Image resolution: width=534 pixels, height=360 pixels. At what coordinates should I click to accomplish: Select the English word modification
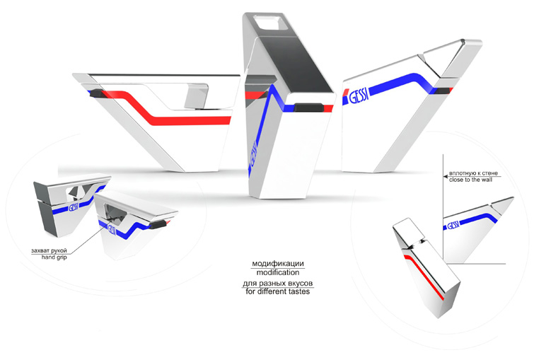[277, 272]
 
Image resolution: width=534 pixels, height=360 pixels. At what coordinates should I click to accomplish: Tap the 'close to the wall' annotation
[470, 180]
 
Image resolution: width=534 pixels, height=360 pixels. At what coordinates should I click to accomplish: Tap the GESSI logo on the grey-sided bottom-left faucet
[71, 209]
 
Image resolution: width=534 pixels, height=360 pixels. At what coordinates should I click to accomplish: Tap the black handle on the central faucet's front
[307, 108]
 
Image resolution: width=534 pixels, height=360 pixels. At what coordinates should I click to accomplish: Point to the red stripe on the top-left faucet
[177, 117]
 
